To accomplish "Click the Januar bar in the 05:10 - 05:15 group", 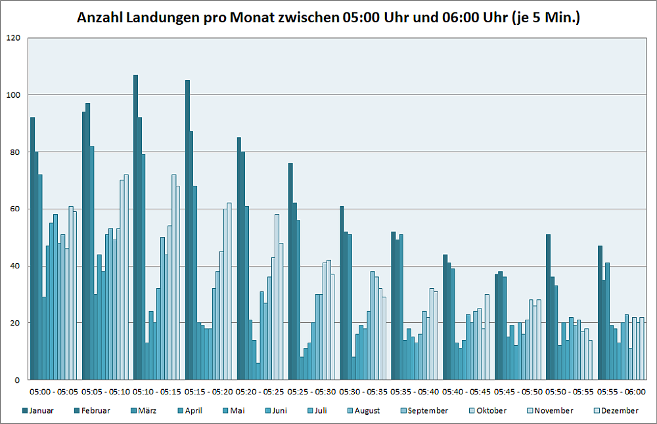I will click(135, 227).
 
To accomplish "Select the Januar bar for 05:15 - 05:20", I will click(187, 230).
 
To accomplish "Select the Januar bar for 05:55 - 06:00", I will click(600, 312).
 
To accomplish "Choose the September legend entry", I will click(428, 411).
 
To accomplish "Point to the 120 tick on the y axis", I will click(13, 38).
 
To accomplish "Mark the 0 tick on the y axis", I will click(18, 380).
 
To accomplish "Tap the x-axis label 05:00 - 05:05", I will click(55, 392).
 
